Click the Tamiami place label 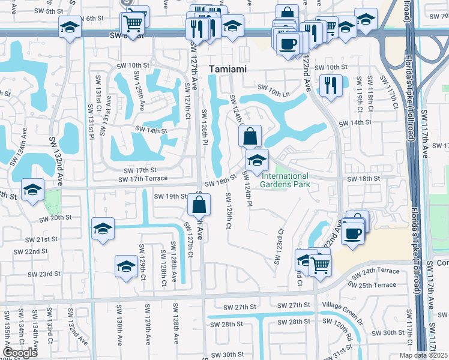(x=227, y=70)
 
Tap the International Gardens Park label (x=285, y=180)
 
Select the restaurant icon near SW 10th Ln (x=330, y=85)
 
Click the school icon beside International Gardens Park (x=257, y=160)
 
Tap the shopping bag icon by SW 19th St (x=199, y=205)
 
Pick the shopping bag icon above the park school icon (x=250, y=136)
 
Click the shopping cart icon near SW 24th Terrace (x=321, y=263)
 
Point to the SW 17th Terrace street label (x=143, y=179)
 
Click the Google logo (x=20, y=353)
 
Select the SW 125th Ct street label (x=228, y=211)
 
